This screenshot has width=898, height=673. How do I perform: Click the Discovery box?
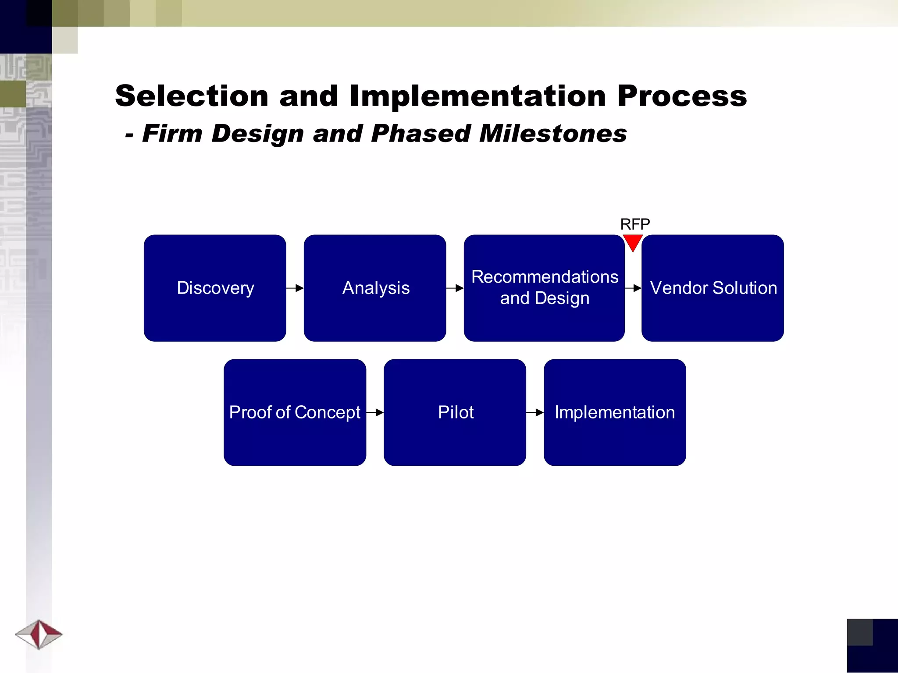coord(215,288)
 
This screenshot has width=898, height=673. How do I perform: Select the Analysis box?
coord(375,288)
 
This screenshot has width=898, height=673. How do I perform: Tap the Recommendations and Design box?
coord(544,288)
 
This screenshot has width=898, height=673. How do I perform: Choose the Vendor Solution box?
coord(713,288)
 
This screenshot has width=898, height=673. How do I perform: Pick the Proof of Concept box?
coord(295,412)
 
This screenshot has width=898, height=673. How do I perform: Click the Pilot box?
coord(455,412)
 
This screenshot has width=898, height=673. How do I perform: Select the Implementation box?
coord(615,412)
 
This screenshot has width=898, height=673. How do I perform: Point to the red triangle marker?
coord(633,242)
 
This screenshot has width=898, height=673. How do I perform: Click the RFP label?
coord(635,224)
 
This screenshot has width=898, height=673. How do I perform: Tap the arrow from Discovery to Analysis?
coord(295,288)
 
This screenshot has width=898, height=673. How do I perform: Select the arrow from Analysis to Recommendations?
coord(455,288)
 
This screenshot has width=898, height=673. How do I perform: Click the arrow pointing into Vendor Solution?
coord(633,288)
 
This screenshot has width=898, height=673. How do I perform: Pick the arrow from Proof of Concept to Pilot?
coord(375,412)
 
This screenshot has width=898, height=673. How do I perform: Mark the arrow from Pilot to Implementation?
coord(535,412)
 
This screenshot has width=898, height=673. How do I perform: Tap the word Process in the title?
coord(682,96)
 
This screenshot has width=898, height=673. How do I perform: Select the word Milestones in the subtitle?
coord(553,133)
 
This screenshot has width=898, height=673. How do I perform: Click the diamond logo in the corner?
coord(39,634)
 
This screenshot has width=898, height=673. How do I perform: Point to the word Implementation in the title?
coord(478,96)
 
